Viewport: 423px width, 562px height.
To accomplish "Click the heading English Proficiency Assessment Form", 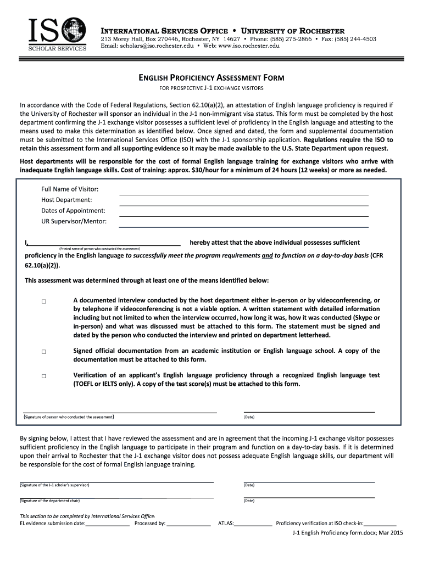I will [211, 78].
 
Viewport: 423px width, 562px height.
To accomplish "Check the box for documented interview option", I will [43, 302].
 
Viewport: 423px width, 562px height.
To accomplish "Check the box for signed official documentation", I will [43, 352].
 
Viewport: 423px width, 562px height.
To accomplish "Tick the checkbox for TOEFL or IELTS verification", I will [43, 376].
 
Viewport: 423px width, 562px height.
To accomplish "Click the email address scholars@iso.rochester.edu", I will [155, 46].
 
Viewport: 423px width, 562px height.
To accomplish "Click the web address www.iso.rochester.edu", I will [250, 46].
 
